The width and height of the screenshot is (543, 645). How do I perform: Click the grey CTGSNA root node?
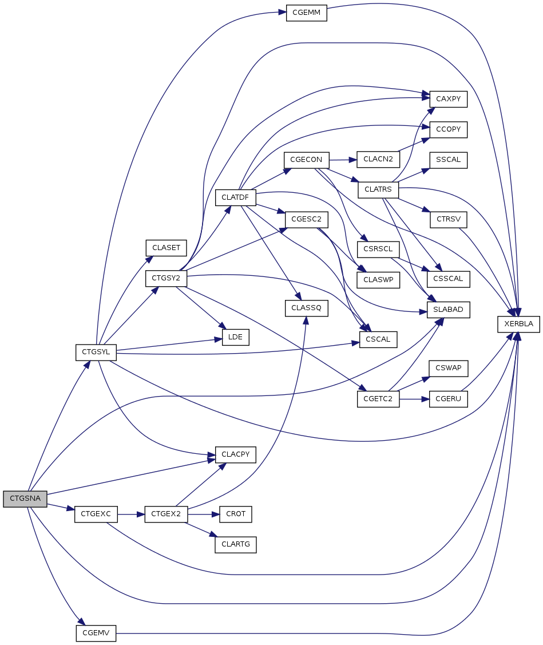pos(24,498)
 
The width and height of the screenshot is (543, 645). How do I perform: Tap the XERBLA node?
pos(518,324)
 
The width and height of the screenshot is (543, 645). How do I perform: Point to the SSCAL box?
pos(448,160)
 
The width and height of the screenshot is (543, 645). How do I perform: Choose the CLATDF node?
pos(235,198)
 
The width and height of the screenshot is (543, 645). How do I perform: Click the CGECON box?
pos(307,159)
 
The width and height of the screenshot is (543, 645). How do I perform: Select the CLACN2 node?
pos(378,159)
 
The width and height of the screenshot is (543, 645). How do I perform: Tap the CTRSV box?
pos(448,219)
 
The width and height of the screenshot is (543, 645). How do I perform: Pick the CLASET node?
pos(166,248)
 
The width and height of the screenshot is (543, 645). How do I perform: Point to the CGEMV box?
pos(96,634)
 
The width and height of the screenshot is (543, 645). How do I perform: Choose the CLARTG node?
pos(235,544)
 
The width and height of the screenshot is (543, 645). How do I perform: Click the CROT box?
pos(235,514)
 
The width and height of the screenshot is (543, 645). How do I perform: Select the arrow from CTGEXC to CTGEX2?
pos(131,515)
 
